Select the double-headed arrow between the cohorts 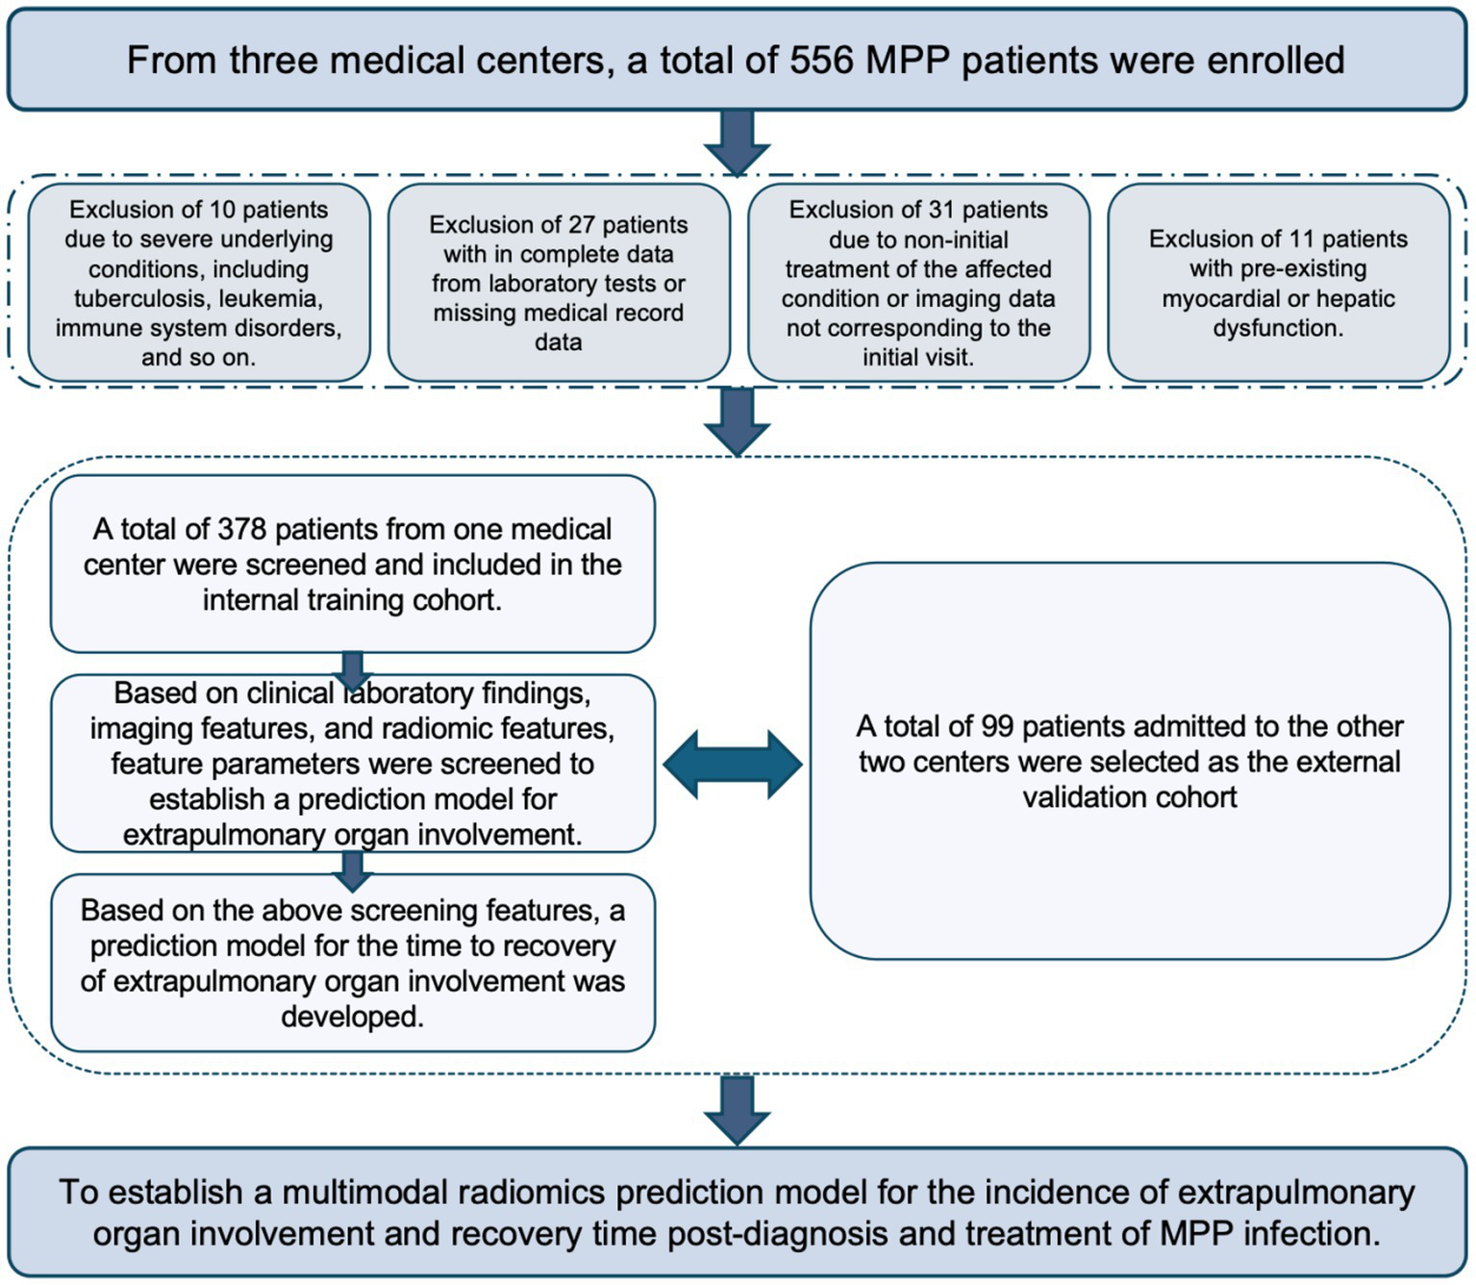pyautogui.click(x=733, y=765)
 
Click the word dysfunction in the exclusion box pyautogui.click(x=1277, y=329)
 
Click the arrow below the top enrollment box pyautogui.click(x=737, y=142)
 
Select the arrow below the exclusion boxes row pyautogui.click(x=737, y=420)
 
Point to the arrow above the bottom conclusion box pyautogui.click(x=737, y=1109)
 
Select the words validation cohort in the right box pyautogui.click(x=1130, y=797)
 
